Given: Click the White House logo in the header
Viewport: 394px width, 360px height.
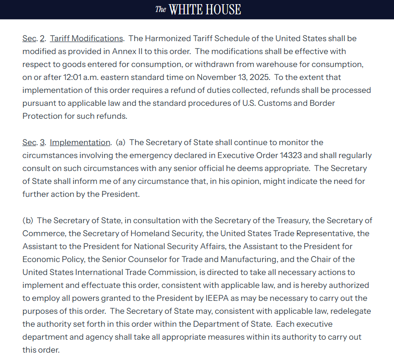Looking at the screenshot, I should (x=198, y=9).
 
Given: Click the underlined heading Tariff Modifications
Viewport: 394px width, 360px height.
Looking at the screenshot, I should (x=86, y=38).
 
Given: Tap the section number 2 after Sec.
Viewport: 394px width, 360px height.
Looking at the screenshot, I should (x=43, y=38).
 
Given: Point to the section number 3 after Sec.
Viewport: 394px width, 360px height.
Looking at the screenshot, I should (x=43, y=142).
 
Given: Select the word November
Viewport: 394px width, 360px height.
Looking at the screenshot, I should (x=216, y=77).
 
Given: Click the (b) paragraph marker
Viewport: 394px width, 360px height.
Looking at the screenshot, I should (x=27, y=220).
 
